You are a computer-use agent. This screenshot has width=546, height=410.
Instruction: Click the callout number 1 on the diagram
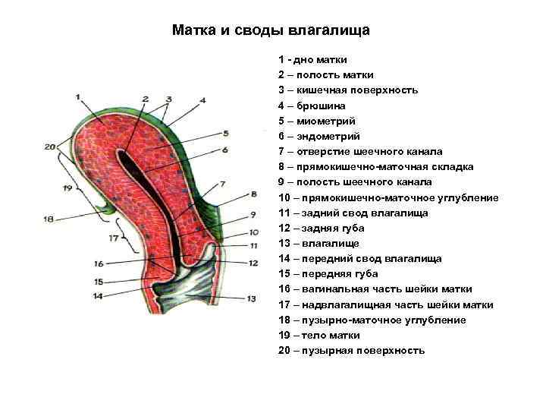[x=78, y=96]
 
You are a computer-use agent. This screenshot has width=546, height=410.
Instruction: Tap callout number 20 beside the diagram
[x=50, y=147]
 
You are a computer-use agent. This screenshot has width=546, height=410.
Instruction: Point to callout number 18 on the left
[x=49, y=219]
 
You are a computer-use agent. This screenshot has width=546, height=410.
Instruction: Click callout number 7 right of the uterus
[x=222, y=184]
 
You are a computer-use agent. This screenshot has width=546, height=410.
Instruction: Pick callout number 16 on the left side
[x=99, y=263]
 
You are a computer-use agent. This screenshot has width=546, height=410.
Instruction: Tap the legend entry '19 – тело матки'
[x=319, y=335]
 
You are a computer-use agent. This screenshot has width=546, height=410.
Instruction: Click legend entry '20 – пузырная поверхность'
[x=352, y=351]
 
